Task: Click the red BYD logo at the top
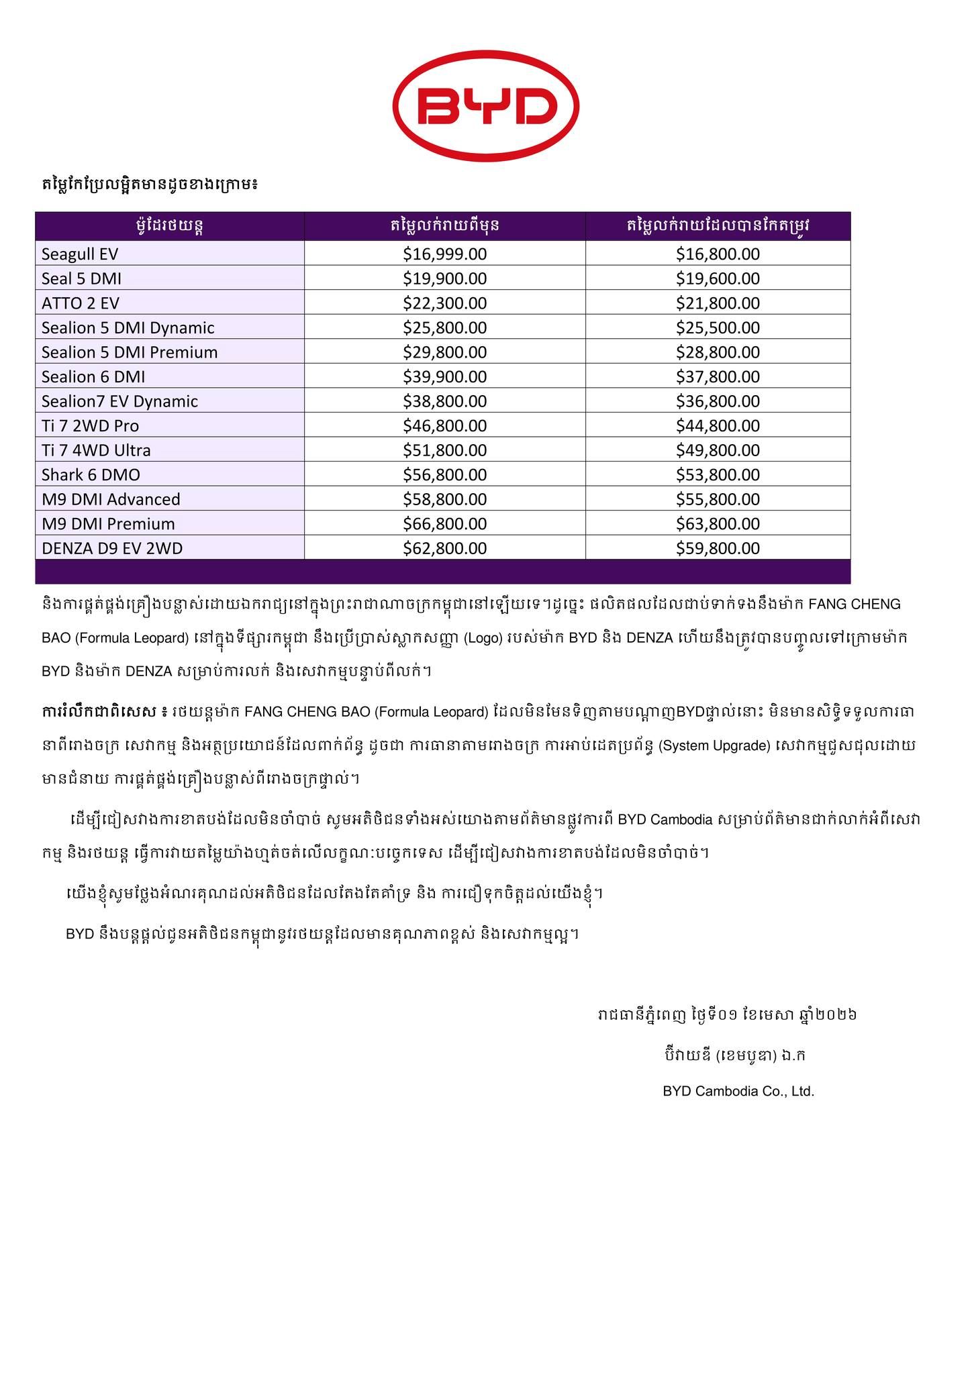click(485, 106)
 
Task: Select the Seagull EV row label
click(80, 254)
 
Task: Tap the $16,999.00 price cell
click(444, 254)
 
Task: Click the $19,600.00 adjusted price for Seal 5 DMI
click(718, 278)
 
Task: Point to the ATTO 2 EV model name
click(80, 303)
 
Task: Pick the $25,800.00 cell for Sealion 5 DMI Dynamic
click(444, 327)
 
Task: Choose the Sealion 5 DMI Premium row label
click(130, 352)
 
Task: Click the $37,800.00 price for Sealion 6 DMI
click(718, 376)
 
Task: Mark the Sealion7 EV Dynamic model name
click(119, 401)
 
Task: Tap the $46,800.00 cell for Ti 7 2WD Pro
click(444, 425)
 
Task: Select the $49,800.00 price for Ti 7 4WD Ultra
click(718, 450)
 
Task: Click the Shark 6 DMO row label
click(91, 475)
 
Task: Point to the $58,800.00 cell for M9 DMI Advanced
click(444, 499)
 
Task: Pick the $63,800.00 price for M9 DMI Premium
click(718, 524)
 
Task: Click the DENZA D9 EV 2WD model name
click(112, 548)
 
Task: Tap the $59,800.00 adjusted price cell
click(718, 548)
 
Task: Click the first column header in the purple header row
click(170, 225)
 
